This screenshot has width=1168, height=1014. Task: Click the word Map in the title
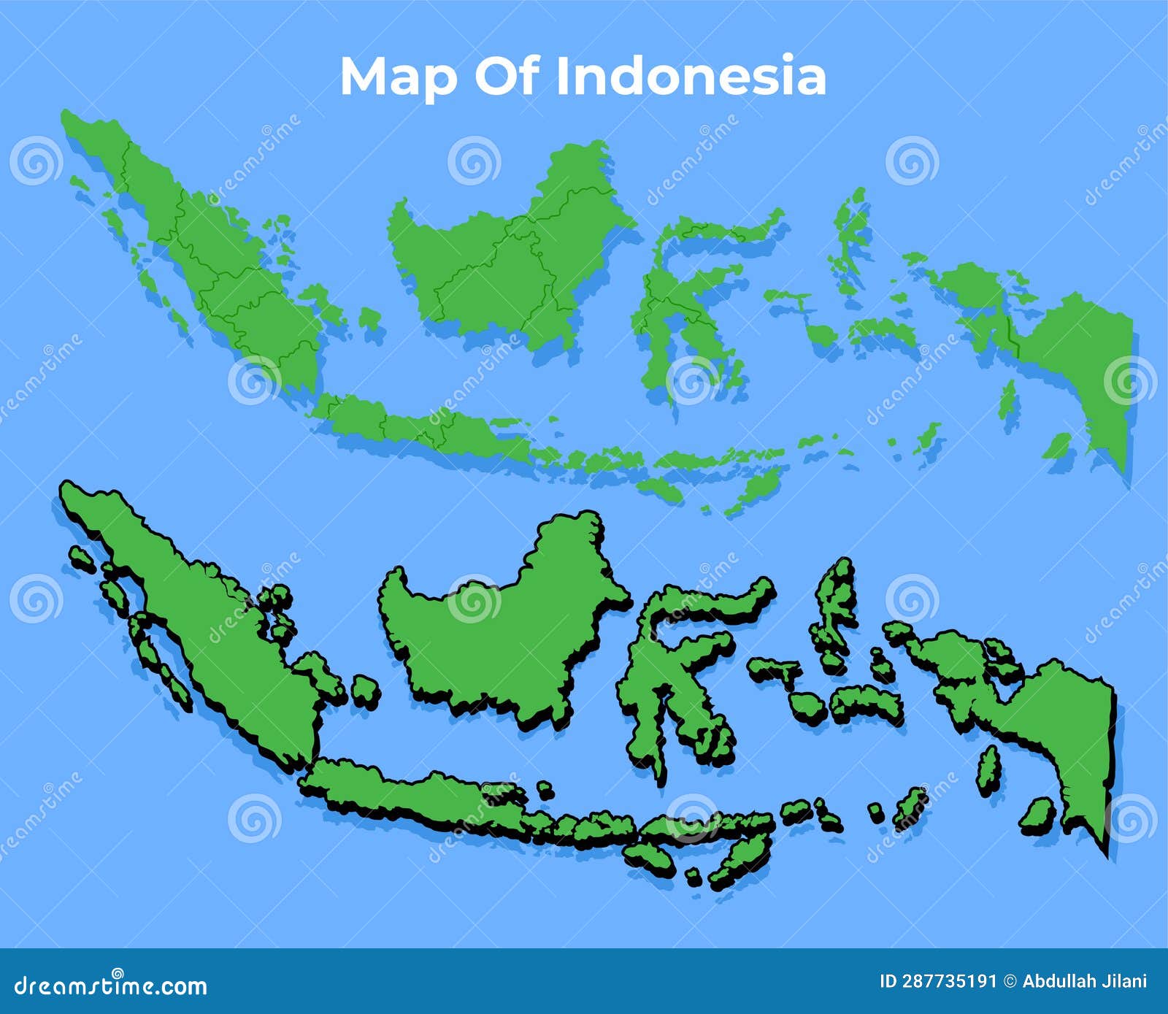tap(398, 77)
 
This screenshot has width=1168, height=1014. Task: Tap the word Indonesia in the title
tap(691, 76)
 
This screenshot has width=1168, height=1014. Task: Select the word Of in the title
tap(507, 76)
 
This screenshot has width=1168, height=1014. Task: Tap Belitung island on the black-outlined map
tap(365, 690)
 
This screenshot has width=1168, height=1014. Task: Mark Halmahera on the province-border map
tap(850, 234)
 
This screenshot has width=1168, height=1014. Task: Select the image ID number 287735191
tap(949, 981)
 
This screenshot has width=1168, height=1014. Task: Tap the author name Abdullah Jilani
tap(1084, 981)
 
